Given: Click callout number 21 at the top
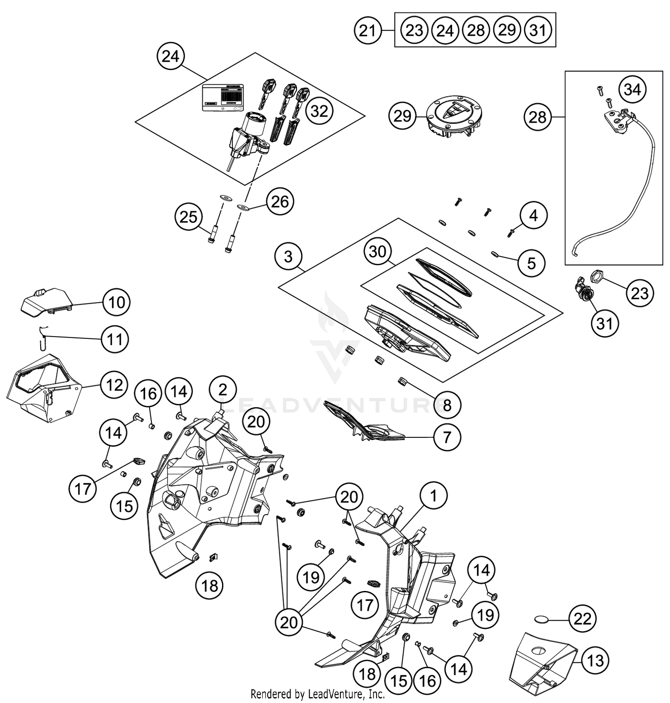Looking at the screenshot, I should click(367, 31).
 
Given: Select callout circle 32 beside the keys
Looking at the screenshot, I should click(319, 111).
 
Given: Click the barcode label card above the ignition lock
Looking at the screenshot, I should click(223, 97).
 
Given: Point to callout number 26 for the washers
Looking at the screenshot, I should click(280, 202).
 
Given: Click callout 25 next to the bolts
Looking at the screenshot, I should click(188, 217).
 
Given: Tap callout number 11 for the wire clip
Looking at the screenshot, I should click(115, 339).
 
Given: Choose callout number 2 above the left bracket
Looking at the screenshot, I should click(222, 390).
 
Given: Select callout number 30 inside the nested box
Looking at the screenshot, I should click(377, 252).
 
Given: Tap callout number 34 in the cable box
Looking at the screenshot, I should click(632, 89).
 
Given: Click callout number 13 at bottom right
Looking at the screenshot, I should click(595, 660).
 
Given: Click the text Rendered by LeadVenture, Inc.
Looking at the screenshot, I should click(318, 694).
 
